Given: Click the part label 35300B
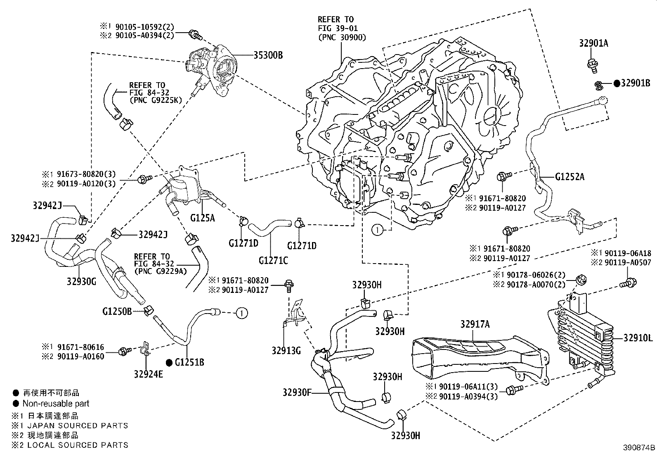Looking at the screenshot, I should [x=266, y=55].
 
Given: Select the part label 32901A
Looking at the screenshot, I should [x=593, y=43].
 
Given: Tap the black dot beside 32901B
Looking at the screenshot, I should [x=617, y=83].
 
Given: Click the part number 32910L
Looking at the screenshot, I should [x=638, y=338].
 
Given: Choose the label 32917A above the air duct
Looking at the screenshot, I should [x=475, y=325].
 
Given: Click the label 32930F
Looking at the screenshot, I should [x=297, y=392].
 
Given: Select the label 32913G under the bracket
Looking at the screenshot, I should [x=286, y=351].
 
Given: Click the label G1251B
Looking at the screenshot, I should [x=189, y=363].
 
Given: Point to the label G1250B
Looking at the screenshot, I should [x=117, y=311].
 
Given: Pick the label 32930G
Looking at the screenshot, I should [x=81, y=282].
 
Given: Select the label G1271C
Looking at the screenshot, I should [x=273, y=260].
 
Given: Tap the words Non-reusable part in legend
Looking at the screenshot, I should [x=56, y=404].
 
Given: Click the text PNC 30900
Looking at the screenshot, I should [x=342, y=38].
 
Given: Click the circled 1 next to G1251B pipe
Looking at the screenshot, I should [x=242, y=314].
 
